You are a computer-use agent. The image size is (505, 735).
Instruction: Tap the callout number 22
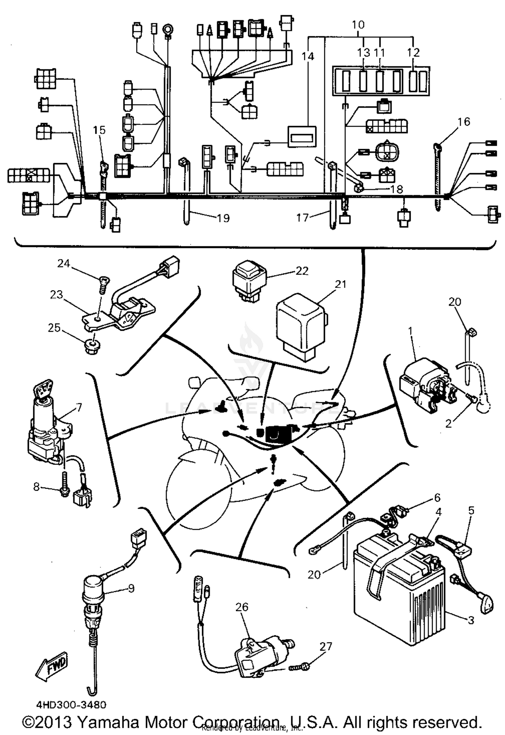tap(302, 271)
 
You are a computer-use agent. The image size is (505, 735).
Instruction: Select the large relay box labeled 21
tap(301, 325)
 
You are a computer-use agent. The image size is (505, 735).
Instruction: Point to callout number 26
tap(242, 607)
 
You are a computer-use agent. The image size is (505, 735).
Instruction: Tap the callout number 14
tap(307, 56)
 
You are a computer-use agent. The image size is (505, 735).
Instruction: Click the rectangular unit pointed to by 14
tap(302, 137)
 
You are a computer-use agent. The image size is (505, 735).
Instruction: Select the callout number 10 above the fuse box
tap(358, 25)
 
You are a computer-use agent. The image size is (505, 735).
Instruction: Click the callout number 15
tap(99, 130)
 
